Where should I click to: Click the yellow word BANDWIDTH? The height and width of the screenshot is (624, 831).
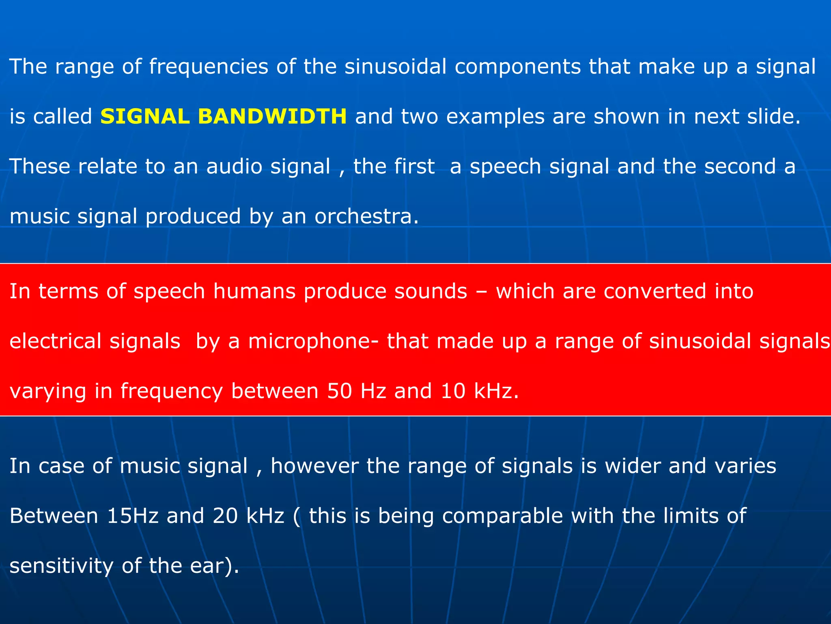coord(272,117)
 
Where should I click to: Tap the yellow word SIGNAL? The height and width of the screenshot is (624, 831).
coord(145,117)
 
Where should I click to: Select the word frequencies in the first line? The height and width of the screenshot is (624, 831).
coord(209,67)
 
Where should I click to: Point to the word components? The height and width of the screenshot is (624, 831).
coord(517,67)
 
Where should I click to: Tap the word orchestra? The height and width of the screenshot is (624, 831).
coord(366,216)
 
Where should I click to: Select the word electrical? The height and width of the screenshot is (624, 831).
coord(55,341)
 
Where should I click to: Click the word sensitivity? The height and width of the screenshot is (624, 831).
coord(61,566)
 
